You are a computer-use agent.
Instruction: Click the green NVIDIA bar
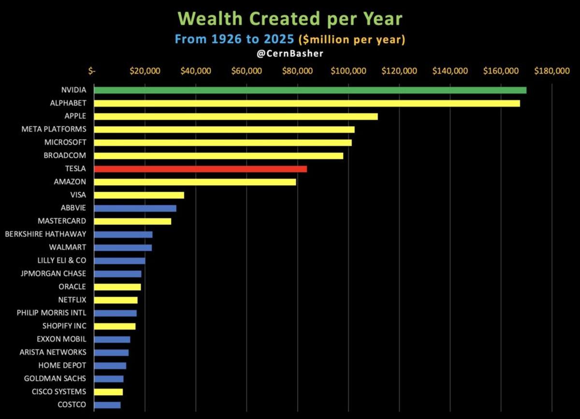coord(309,90)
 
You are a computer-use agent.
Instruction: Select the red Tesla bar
coord(200,169)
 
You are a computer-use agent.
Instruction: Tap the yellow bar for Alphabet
coord(306,103)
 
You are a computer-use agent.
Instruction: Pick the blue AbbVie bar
coord(135,208)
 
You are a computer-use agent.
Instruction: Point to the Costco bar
coord(107,405)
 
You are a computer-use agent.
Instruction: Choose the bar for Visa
coord(139,195)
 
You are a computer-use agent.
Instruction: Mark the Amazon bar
coord(195,182)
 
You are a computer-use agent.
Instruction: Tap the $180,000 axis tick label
coord(552,71)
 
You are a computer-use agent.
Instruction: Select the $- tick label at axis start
coord(92,71)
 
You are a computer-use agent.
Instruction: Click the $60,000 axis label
coord(247,71)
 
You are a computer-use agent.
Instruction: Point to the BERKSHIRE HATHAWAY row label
coord(45,234)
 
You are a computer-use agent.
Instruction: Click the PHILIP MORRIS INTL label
coord(51,313)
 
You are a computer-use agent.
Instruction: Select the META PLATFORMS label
coord(54,130)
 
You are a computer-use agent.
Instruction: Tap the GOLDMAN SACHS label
coord(55,378)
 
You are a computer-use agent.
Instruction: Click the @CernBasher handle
coord(290,54)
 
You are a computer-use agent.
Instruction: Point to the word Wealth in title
coord(215,19)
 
